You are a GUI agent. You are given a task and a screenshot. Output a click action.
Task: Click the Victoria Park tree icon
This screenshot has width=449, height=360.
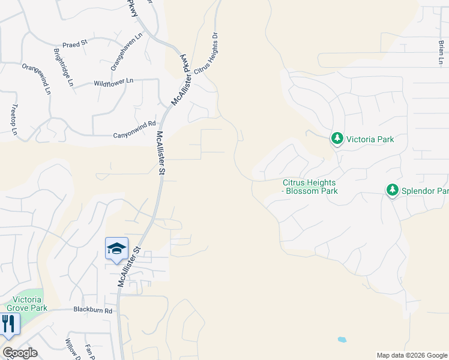[337, 139]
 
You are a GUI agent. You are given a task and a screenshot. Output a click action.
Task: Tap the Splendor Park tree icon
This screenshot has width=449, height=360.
[393, 190]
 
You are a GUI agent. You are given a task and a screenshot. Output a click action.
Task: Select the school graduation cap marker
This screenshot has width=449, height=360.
[116, 248]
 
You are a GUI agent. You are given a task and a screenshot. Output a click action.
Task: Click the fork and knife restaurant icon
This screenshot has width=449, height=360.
[8, 324]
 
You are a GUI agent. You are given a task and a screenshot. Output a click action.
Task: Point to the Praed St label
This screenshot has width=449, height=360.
[76, 43]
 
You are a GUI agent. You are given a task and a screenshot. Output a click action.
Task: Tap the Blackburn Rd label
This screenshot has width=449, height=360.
[93, 310]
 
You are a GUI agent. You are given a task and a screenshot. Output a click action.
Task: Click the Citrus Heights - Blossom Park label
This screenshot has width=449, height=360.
[310, 187]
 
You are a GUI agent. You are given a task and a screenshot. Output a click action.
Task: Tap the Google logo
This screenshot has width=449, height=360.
[20, 353]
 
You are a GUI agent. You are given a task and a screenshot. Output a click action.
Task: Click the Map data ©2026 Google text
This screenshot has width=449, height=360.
[411, 355]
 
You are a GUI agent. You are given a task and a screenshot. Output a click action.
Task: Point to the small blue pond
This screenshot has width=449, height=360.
[342, 339]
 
